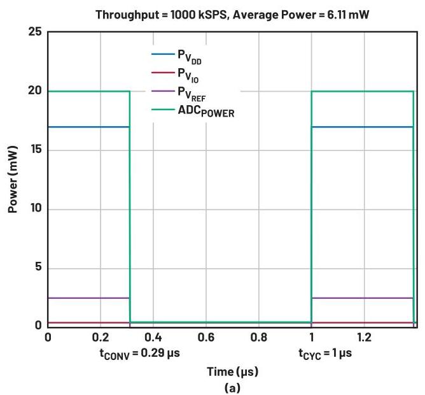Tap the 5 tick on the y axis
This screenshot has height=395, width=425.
[x=39, y=268]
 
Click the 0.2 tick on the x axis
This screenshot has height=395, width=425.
[x=100, y=336]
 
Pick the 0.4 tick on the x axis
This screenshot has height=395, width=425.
[x=153, y=336]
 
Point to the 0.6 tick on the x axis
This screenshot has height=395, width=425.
[x=206, y=336]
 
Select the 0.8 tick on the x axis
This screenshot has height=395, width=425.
[x=258, y=336]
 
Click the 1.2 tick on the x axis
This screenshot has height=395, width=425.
[x=364, y=336]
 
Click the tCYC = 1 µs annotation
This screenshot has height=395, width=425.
[x=326, y=352]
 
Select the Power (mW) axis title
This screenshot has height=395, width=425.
[x=12, y=180]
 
